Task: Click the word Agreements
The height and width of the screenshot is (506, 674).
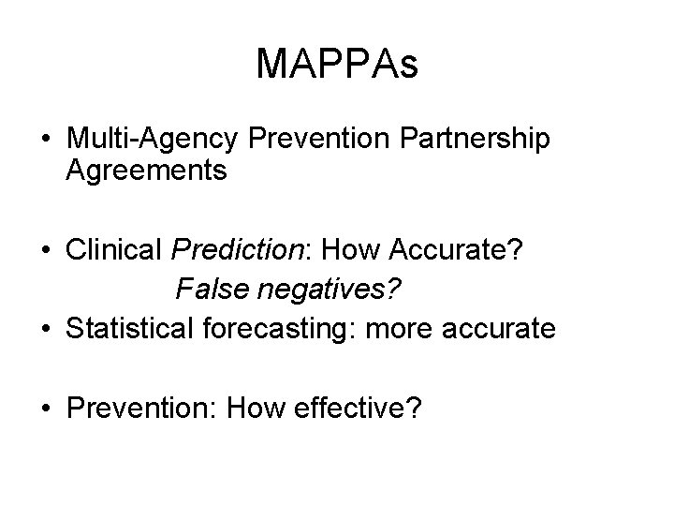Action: [147, 171]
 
